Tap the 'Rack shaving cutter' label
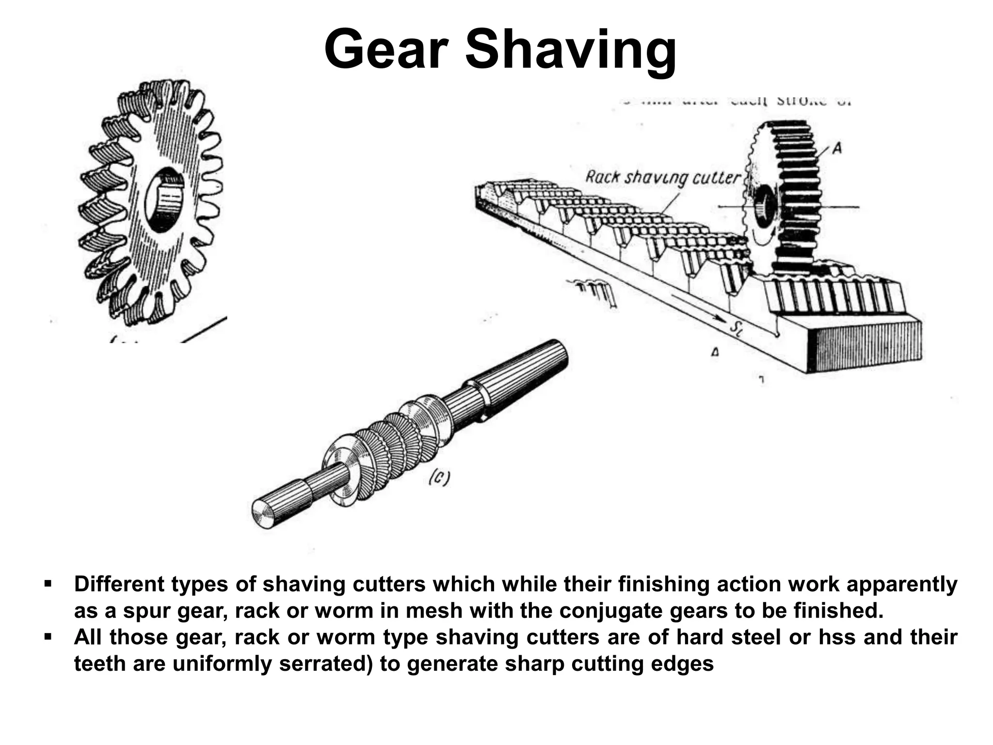pyautogui.click(x=663, y=178)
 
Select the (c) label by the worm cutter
pyautogui.click(x=439, y=479)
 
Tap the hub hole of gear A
pyautogui.click(x=765, y=207)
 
